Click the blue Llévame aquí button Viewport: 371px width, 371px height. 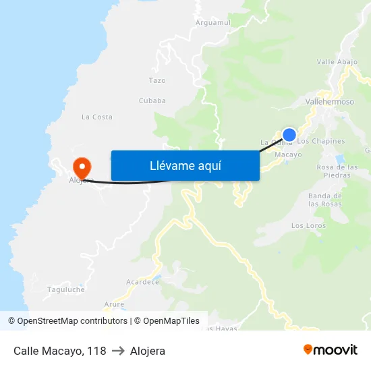point(185,165)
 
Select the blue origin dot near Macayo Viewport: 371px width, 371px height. point(289,134)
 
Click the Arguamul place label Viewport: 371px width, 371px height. point(212,23)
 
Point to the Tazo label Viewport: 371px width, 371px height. point(156,80)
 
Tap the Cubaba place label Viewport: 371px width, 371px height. point(152,101)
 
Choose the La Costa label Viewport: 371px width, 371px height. point(97,117)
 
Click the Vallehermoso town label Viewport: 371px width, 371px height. point(329,101)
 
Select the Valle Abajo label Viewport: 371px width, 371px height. point(337,62)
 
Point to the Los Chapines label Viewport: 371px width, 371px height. point(321,142)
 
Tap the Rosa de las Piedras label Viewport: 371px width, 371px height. point(333,171)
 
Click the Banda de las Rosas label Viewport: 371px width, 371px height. point(325,200)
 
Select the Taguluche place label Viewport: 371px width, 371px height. point(66,289)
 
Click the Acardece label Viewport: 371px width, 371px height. point(142,282)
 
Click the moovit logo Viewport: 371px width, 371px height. point(331,349)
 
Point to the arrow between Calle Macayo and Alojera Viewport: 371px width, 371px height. point(118,351)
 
